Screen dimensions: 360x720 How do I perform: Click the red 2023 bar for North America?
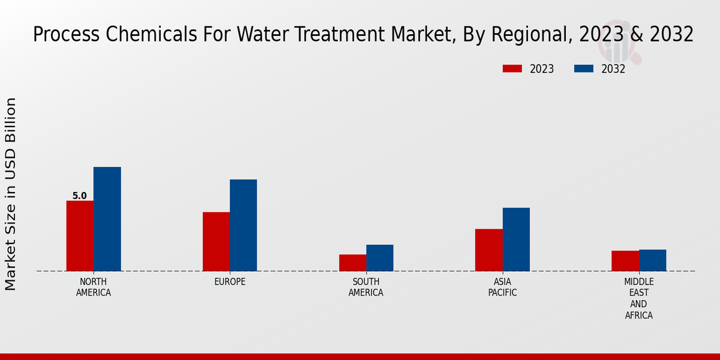click(x=80, y=236)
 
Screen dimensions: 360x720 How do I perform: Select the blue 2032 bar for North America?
click(x=107, y=219)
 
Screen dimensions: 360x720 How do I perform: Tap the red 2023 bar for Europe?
click(x=216, y=242)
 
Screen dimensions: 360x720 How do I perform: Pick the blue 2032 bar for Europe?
click(x=243, y=225)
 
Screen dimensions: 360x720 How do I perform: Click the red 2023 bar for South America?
click(x=352, y=263)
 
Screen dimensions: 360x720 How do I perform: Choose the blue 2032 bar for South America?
click(x=380, y=258)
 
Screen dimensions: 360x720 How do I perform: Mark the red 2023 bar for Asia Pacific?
click(x=488, y=250)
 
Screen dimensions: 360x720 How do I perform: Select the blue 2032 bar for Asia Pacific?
click(x=516, y=239)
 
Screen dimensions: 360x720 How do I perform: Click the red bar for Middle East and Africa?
click(x=625, y=261)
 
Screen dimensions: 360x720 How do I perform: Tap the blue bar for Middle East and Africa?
click(x=652, y=260)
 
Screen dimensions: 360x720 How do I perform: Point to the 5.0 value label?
click(x=79, y=196)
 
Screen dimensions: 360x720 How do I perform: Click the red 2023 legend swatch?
click(x=512, y=69)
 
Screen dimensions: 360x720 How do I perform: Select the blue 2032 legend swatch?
click(x=584, y=69)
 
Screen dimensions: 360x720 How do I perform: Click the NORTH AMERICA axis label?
click(x=94, y=287)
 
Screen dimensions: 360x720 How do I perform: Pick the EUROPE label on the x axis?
click(x=230, y=282)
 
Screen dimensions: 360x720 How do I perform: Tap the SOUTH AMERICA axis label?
click(x=366, y=287)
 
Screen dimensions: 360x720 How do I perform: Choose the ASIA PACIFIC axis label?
click(x=502, y=287)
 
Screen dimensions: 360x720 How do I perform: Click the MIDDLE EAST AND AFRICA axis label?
click(x=639, y=298)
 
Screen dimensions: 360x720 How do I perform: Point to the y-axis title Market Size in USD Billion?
click(x=11, y=194)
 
